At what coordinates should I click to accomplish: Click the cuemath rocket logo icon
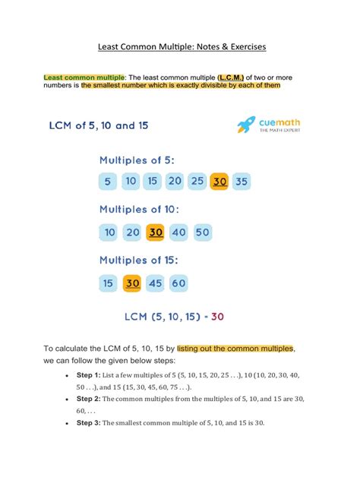point(245,125)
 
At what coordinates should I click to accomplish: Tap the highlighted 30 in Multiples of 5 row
point(220,182)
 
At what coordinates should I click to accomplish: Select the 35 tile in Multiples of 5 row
point(242,182)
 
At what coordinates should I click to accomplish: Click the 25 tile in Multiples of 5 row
point(197,182)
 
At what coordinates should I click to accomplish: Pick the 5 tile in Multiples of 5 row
point(108,182)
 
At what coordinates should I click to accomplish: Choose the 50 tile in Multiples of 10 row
point(202,232)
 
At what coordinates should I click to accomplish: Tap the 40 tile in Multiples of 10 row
point(179,232)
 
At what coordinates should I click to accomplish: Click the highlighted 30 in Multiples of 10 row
point(156,232)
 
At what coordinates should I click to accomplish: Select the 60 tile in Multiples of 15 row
point(178,283)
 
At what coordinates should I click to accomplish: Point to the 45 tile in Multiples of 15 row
point(156,283)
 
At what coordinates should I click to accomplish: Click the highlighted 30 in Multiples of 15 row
point(132,283)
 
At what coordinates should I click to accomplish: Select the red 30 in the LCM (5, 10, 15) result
point(217,316)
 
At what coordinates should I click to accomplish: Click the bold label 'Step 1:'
point(88,376)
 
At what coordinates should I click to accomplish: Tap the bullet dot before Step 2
point(68,399)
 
